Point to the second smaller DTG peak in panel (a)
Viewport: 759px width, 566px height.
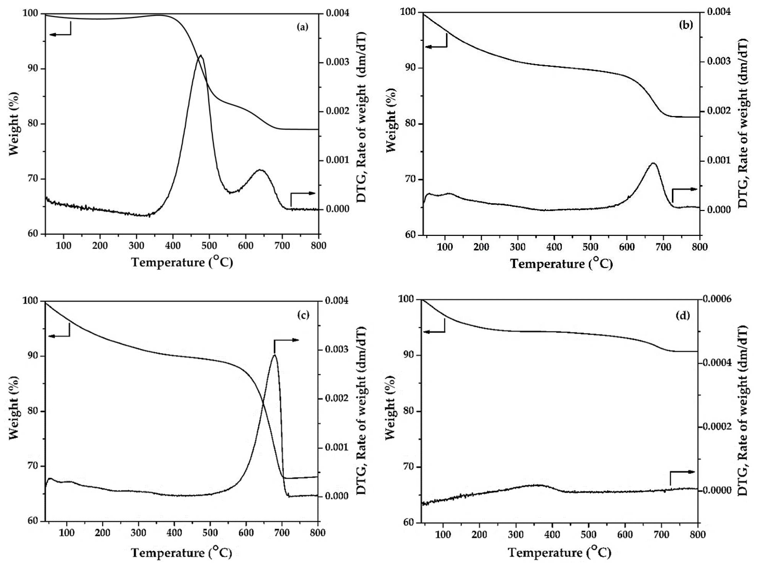click(260, 170)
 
